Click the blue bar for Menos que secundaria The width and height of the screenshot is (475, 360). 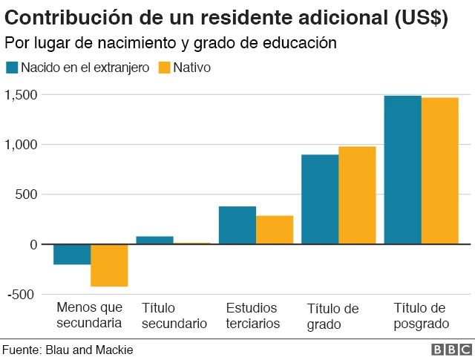[72, 255]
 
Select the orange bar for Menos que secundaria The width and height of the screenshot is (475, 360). [109, 265]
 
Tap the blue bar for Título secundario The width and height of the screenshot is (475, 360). [154, 240]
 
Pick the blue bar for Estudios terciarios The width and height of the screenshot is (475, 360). [237, 225]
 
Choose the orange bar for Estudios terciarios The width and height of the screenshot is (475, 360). [275, 229]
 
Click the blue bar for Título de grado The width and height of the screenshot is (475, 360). [320, 199]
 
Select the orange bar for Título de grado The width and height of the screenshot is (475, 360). [357, 195]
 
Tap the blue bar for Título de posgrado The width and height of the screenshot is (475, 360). [402, 169]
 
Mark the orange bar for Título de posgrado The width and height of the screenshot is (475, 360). [440, 170]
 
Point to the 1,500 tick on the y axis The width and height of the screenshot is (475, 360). [21, 94]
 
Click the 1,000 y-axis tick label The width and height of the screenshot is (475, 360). [21, 145]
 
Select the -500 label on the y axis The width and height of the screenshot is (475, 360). [20, 295]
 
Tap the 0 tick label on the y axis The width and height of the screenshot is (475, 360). [32, 245]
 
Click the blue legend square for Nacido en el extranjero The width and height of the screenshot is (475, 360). [11, 68]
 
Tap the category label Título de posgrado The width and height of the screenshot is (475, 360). [421, 315]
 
